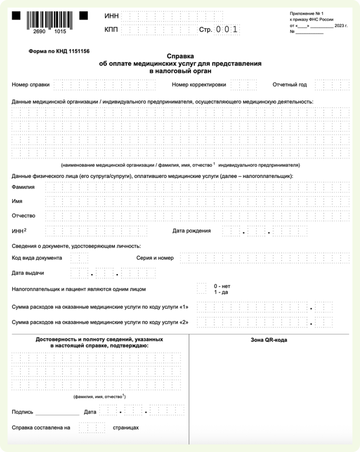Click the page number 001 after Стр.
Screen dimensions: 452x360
pyautogui.click(x=227, y=30)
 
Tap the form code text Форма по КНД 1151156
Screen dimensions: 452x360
pyautogui.click(x=59, y=51)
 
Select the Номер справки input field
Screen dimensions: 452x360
pyautogui.click(x=105, y=84)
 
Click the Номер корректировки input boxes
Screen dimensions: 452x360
pyautogui.click(x=243, y=84)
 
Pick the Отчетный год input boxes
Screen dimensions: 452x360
pyautogui.click(x=332, y=84)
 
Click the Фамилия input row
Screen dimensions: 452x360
pyautogui.click(x=197, y=187)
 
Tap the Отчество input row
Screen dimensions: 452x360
pyautogui.click(x=197, y=216)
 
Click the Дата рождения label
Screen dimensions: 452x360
pyautogui.click(x=191, y=230)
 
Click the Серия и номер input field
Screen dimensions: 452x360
pyautogui.click(x=264, y=258)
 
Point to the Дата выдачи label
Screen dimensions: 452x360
pyautogui.click(x=28, y=273)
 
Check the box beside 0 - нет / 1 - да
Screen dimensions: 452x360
pyautogui.click(x=201, y=289)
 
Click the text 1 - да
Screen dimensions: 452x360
pyautogui.click(x=221, y=292)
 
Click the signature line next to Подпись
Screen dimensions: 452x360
pyautogui.click(x=57, y=413)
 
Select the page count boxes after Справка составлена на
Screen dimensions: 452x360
pyautogui.click(x=92, y=427)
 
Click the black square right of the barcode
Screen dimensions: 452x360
pyautogui.click(x=83, y=16)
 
